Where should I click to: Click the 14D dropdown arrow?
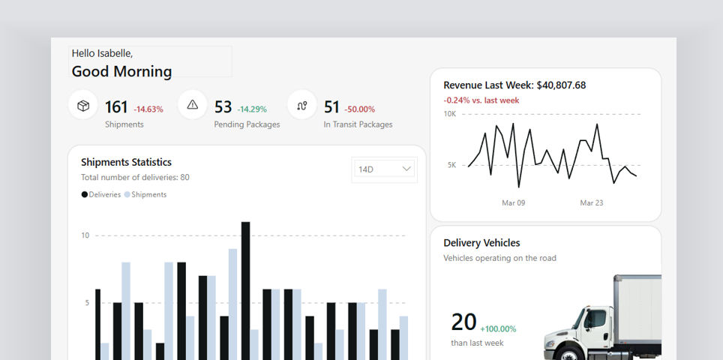[406, 169]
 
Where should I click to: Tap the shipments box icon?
[83, 106]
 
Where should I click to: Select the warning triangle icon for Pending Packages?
[193, 105]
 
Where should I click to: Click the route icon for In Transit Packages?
[302, 106]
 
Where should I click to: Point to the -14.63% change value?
[148, 109]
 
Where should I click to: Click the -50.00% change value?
[360, 109]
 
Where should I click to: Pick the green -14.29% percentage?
[252, 109]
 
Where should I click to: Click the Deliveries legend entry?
[101, 194]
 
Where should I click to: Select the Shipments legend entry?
[145, 194]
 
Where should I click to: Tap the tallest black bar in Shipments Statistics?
[246, 291]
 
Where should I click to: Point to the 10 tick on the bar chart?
[85, 235]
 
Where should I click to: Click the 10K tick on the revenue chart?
[449, 114]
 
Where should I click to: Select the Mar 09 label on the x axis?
[513, 202]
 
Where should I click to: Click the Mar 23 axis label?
[592, 202]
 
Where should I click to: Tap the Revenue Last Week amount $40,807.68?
[561, 85]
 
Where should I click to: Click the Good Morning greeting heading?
[121, 71]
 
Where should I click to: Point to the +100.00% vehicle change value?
[498, 329]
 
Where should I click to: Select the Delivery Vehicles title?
[481, 243]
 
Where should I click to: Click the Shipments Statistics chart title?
[126, 162]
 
